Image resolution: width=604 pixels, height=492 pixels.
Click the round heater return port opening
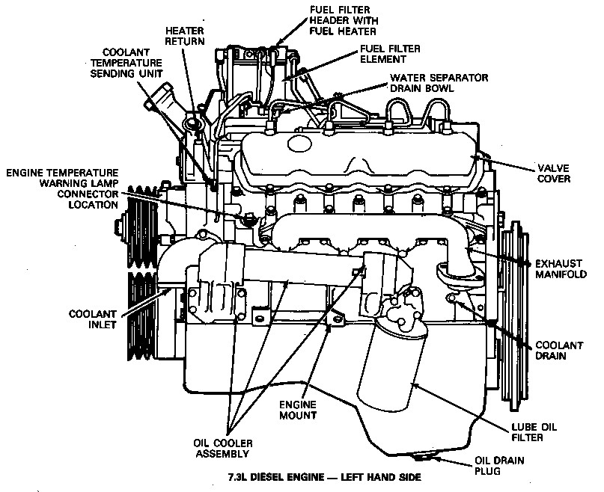(x=192, y=123)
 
